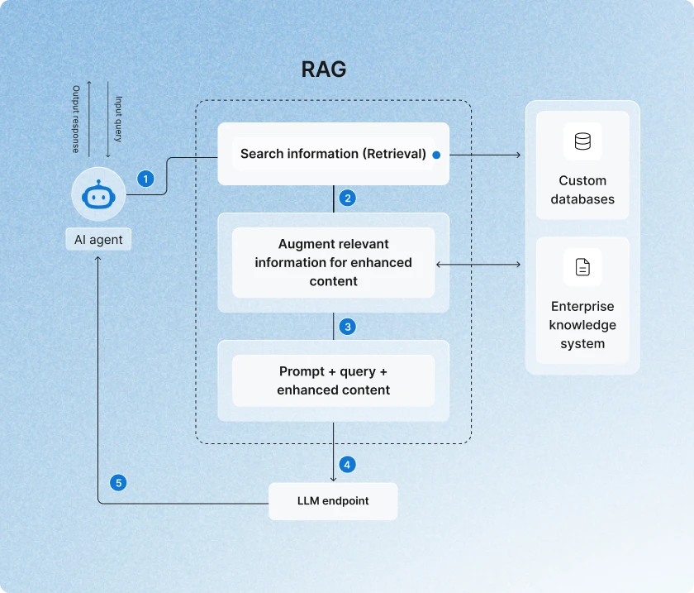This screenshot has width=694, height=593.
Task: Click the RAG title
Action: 323,69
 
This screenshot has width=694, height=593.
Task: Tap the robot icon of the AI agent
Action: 98,196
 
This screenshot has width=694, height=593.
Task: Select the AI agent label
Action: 98,240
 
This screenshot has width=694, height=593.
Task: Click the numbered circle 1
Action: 145,179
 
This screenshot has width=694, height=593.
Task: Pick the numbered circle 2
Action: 348,198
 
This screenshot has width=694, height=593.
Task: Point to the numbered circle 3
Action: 348,327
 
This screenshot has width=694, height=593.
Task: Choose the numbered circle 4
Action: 348,465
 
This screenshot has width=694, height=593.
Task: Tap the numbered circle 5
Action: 119,482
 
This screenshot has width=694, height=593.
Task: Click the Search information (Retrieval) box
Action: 333,154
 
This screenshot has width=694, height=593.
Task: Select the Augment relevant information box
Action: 333,262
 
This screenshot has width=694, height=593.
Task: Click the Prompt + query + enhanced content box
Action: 333,380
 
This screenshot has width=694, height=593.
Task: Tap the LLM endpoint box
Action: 333,501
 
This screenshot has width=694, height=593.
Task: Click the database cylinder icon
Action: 582,141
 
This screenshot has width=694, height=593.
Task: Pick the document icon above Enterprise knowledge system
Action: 582,267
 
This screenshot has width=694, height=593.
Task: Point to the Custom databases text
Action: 582,189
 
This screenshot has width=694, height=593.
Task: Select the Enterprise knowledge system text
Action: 582,325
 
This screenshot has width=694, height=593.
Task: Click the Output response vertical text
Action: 76,119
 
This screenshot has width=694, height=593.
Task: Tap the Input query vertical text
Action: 118,119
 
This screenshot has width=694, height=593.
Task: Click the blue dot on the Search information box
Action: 436,155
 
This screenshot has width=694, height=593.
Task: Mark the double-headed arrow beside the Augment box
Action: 478,265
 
